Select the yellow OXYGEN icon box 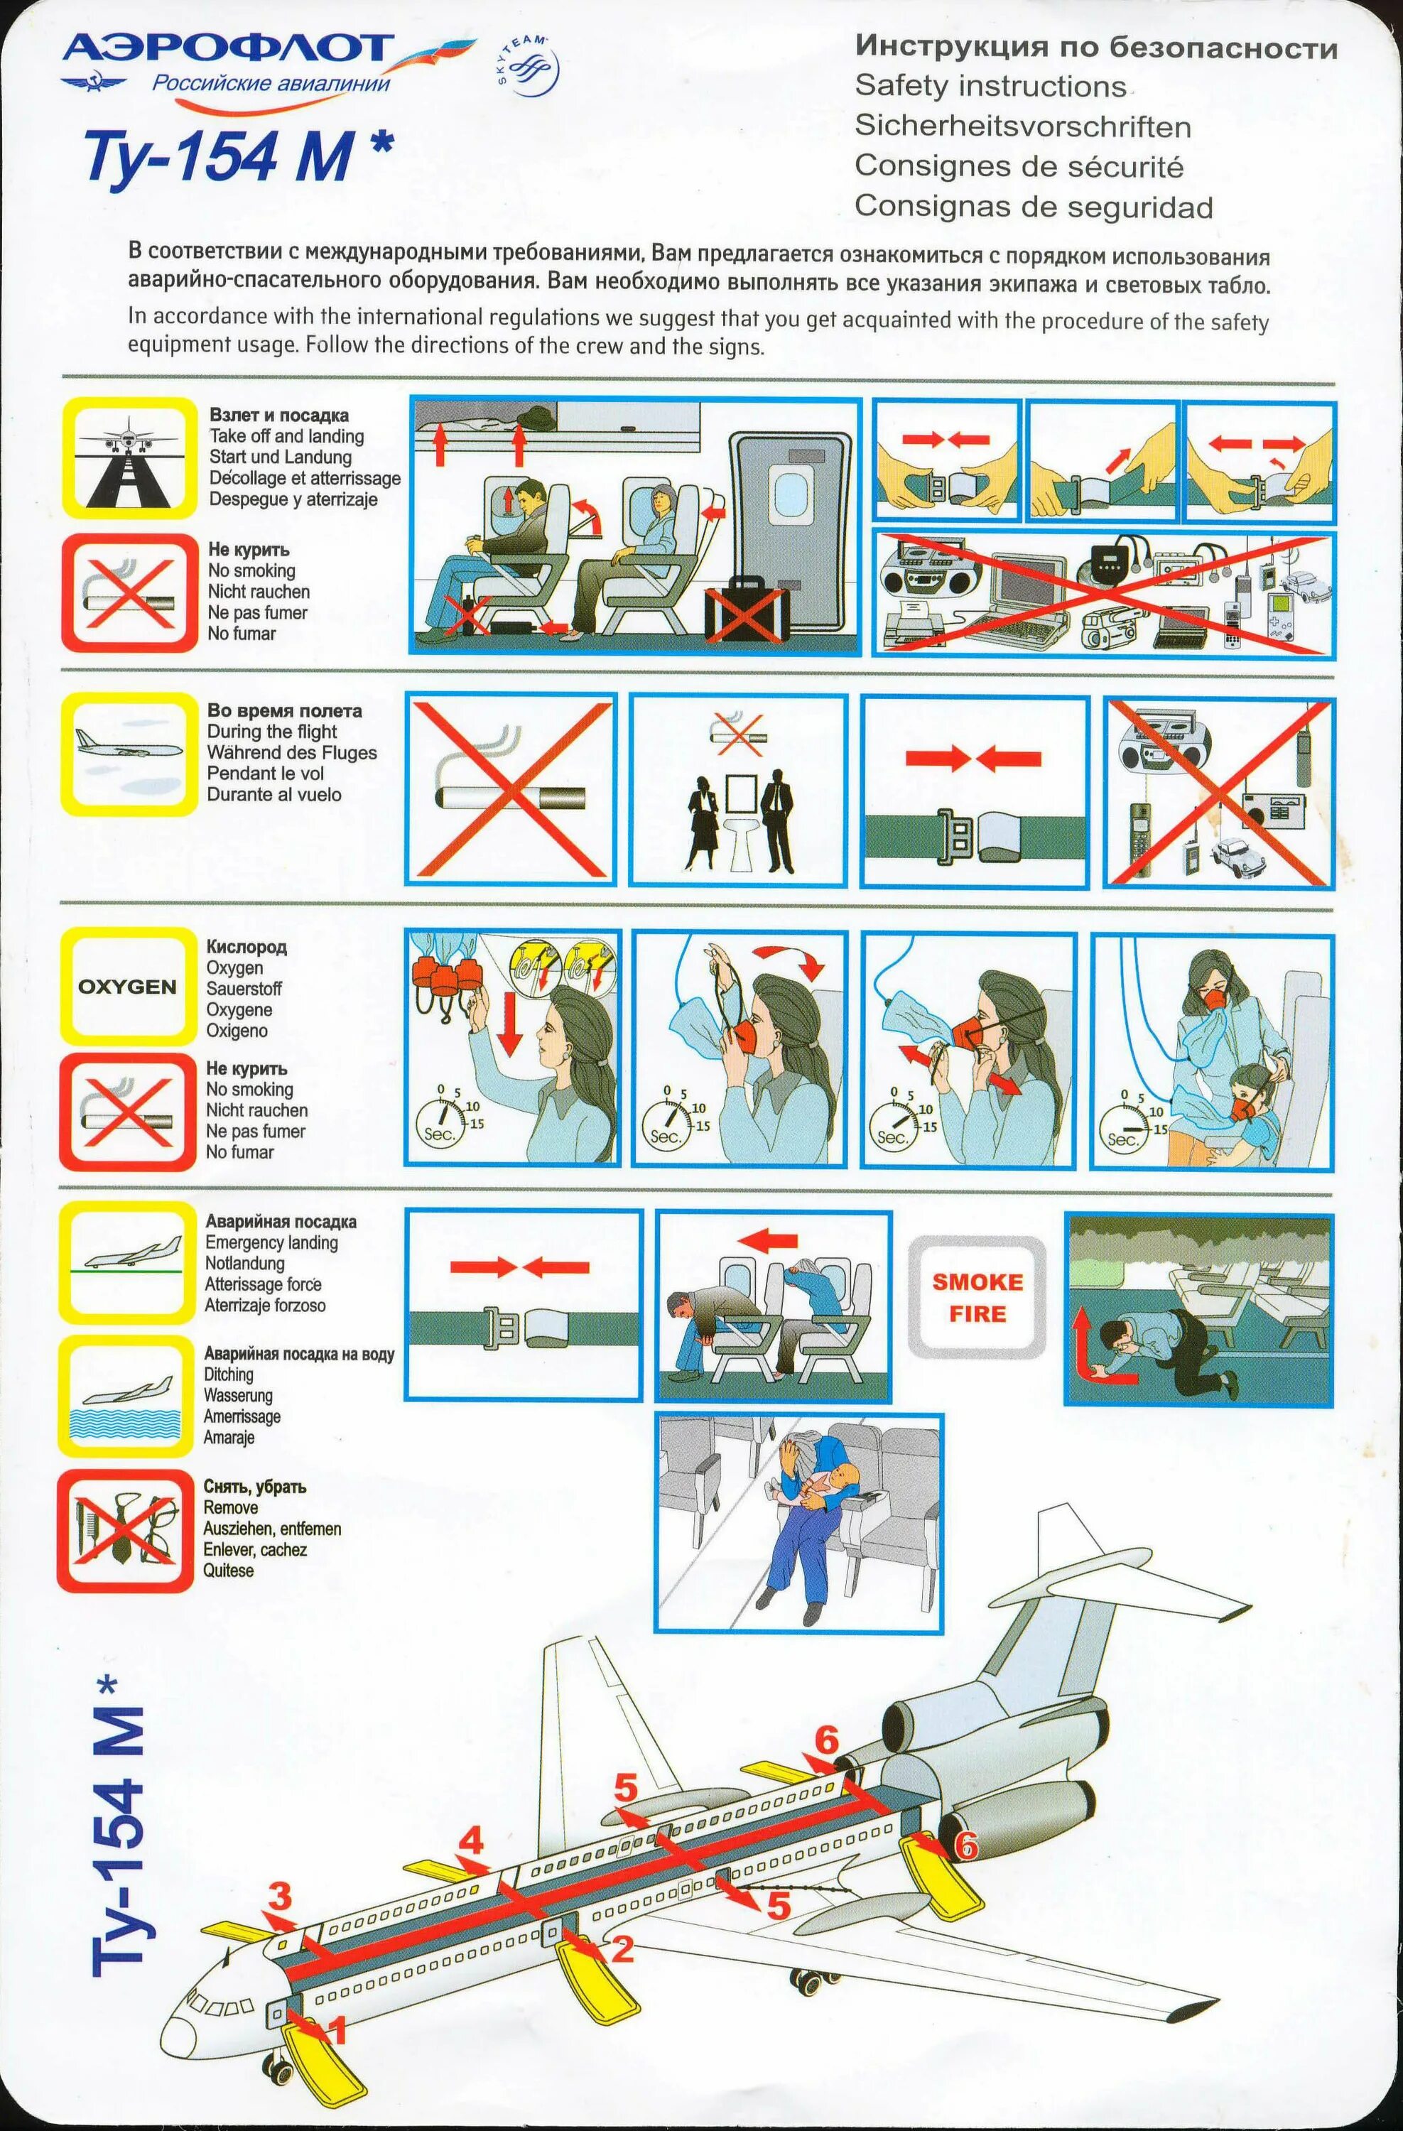click(127, 986)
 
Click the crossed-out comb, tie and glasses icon click(124, 1530)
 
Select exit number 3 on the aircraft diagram click(279, 1893)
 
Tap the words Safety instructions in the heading click(990, 86)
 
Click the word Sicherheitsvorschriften click(1022, 126)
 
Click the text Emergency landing click(271, 1243)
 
